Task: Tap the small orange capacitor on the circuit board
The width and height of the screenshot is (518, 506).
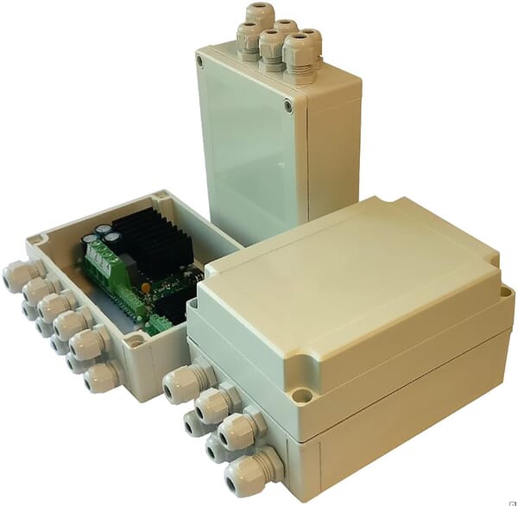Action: click(145, 283)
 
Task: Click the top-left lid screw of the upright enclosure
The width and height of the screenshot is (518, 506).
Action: click(200, 62)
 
